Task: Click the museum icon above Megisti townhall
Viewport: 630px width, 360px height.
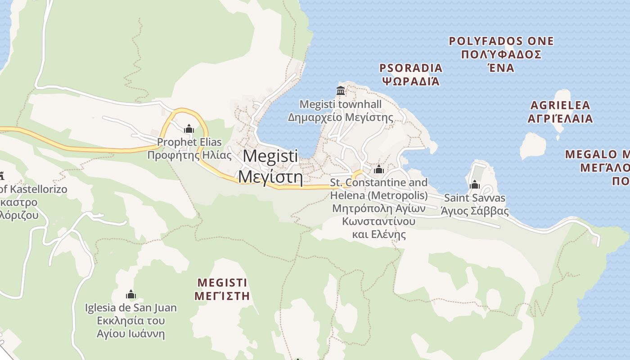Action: (341, 90)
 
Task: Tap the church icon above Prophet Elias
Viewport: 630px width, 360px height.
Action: (189, 129)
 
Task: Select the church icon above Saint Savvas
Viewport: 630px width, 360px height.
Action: (474, 184)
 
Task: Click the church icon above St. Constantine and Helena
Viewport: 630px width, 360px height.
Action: (378, 169)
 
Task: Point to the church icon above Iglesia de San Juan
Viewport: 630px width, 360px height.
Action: (131, 295)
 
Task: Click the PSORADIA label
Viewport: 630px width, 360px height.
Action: (411, 68)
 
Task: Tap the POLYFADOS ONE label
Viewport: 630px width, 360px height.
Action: (501, 41)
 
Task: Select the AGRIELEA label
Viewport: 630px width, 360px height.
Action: (560, 105)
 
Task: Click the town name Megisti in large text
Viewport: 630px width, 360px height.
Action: (270, 156)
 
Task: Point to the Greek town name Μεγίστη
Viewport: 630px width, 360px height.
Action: (270, 176)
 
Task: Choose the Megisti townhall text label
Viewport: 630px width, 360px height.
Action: (340, 104)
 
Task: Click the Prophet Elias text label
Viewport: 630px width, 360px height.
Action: (189, 142)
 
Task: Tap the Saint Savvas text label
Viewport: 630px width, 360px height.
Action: (474, 198)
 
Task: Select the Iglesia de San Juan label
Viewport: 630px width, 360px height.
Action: (131, 308)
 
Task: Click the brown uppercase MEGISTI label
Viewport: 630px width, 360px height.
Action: (222, 283)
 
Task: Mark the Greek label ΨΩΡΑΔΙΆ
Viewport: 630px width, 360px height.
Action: (411, 81)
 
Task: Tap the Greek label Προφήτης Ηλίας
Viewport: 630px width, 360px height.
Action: (189, 156)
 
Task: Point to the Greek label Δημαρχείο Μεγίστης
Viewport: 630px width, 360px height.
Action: (340, 118)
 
